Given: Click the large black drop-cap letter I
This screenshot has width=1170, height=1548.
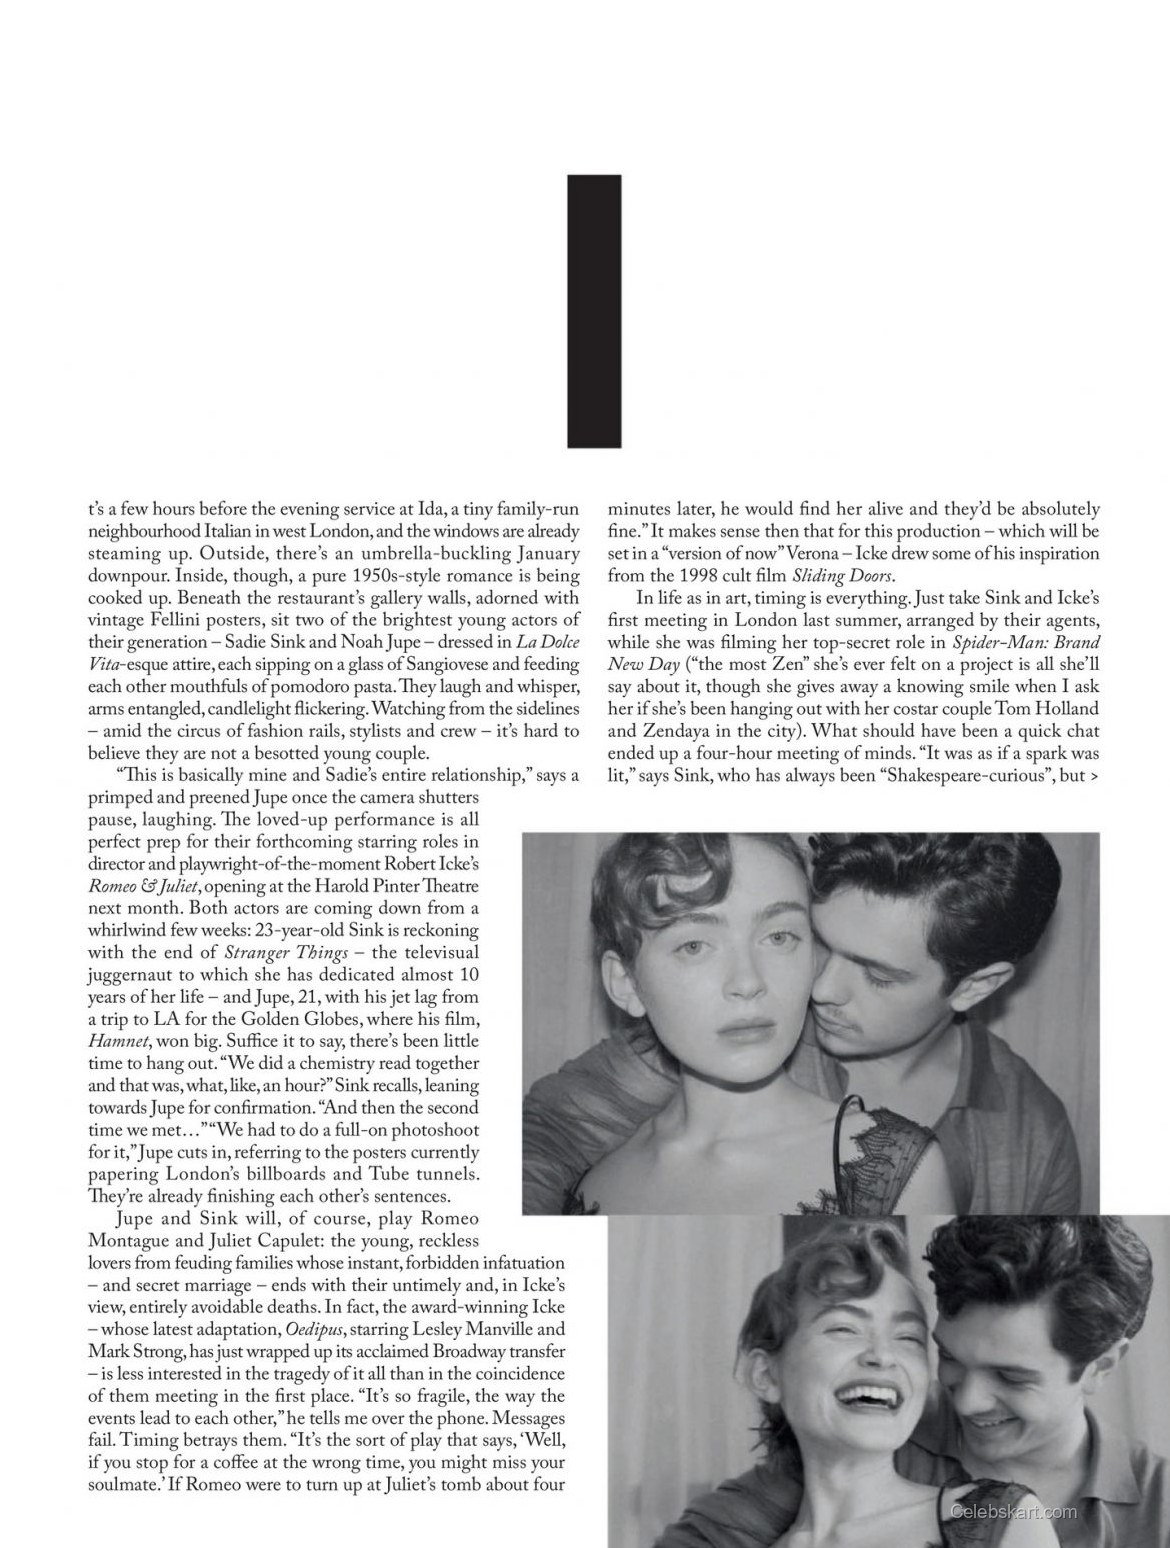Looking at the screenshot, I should [595, 311].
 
